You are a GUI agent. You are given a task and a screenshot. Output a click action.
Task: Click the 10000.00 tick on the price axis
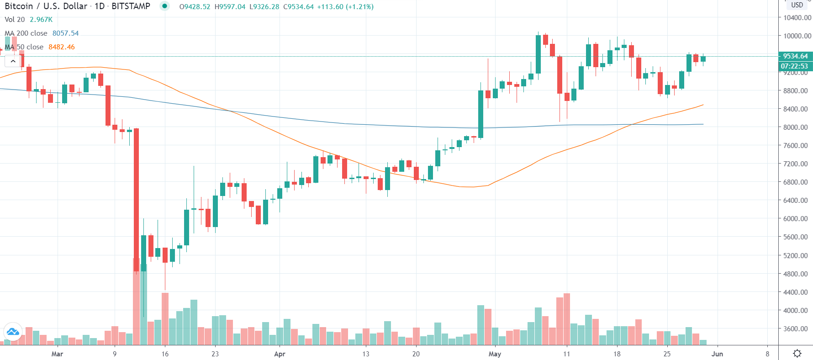797,36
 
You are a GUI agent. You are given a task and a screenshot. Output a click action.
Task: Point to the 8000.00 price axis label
797,127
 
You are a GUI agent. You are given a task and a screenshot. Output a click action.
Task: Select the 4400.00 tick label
797,292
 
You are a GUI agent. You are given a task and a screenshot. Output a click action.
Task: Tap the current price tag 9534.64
795,56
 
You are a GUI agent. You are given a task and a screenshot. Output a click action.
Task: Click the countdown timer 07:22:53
794,66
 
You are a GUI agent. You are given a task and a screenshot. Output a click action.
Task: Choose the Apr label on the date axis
280,354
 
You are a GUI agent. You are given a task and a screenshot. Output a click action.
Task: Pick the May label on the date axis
495,354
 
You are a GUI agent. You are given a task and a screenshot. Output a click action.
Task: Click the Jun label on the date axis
717,354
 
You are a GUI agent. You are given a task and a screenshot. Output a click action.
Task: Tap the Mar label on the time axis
57,354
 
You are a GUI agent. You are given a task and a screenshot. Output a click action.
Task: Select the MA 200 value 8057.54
65,33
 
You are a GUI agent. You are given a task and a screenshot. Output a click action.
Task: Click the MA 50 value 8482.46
62,47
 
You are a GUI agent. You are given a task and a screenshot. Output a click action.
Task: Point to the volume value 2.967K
41,20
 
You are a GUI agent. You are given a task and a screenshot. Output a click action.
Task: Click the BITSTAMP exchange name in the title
131,6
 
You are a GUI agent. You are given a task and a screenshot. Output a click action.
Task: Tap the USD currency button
797,5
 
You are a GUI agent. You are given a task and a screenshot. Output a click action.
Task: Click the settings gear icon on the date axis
797,353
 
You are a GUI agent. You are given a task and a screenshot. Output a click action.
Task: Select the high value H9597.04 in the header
230,7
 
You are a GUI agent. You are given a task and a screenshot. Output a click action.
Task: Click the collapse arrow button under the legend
13,61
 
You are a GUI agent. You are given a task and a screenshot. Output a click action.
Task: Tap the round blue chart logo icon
13,332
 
